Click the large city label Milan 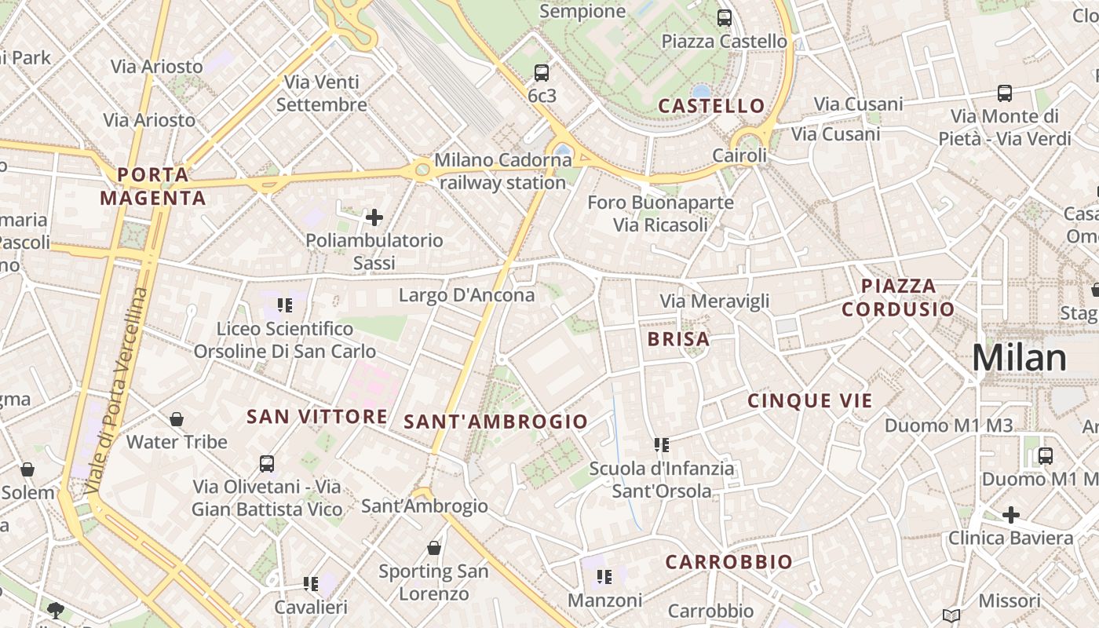pyautogui.click(x=1019, y=358)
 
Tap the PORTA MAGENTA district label pyautogui.click(x=153, y=186)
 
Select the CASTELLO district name pyautogui.click(x=711, y=106)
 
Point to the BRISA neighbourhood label pyautogui.click(x=678, y=339)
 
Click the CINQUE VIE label pyautogui.click(x=809, y=401)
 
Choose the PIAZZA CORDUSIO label pyautogui.click(x=898, y=298)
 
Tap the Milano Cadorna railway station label pyautogui.click(x=502, y=171)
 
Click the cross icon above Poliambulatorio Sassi pyautogui.click(x=374, y=217)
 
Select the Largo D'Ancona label pyautogui.click(x=466, y=295)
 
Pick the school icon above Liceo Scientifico pyautogui.click(x=284, y=305)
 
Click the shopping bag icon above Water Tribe pyautogui.click(x=177, y=419)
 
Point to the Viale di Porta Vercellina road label pyautogui.click(x=117, y=391)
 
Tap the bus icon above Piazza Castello pyautogui.click(x=725, y=17)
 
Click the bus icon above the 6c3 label pyautogui.click(x=542, y=73)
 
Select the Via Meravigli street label pyautogui.click(x=714, y=301)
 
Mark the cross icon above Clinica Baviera pyautogui.click(x=1011, y=515)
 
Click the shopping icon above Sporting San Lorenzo pyautogui.click(x=434, y=548)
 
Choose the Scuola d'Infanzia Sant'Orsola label pyautogui.click(x=662, y=480)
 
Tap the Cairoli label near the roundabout pyautogui.click(x=739, y=155)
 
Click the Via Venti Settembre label pyautogui.click(x=321, y=93)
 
